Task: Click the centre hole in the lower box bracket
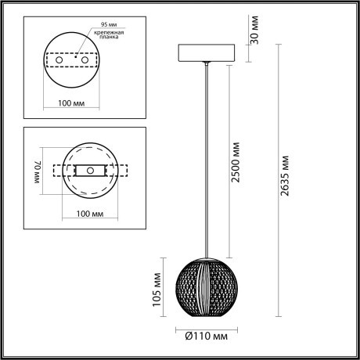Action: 91,170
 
